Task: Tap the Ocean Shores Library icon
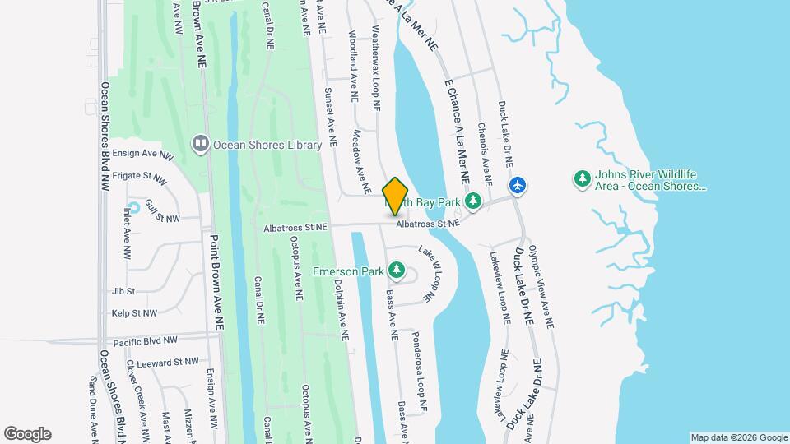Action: click(200, 145)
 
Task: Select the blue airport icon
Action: click(517, 185)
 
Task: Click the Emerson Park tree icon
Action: click(397, 270)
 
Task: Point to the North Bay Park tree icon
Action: click(472, 201)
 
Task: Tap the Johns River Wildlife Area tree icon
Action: click(582, 178)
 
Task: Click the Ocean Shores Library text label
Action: click(267, 145)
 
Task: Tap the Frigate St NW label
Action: click(143, 176)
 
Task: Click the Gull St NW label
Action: click(163, 215)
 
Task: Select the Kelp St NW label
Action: click(134, 313)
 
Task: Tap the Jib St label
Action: click(123, 291)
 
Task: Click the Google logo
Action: click(27, 434)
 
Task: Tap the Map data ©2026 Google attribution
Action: click(738, 437)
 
